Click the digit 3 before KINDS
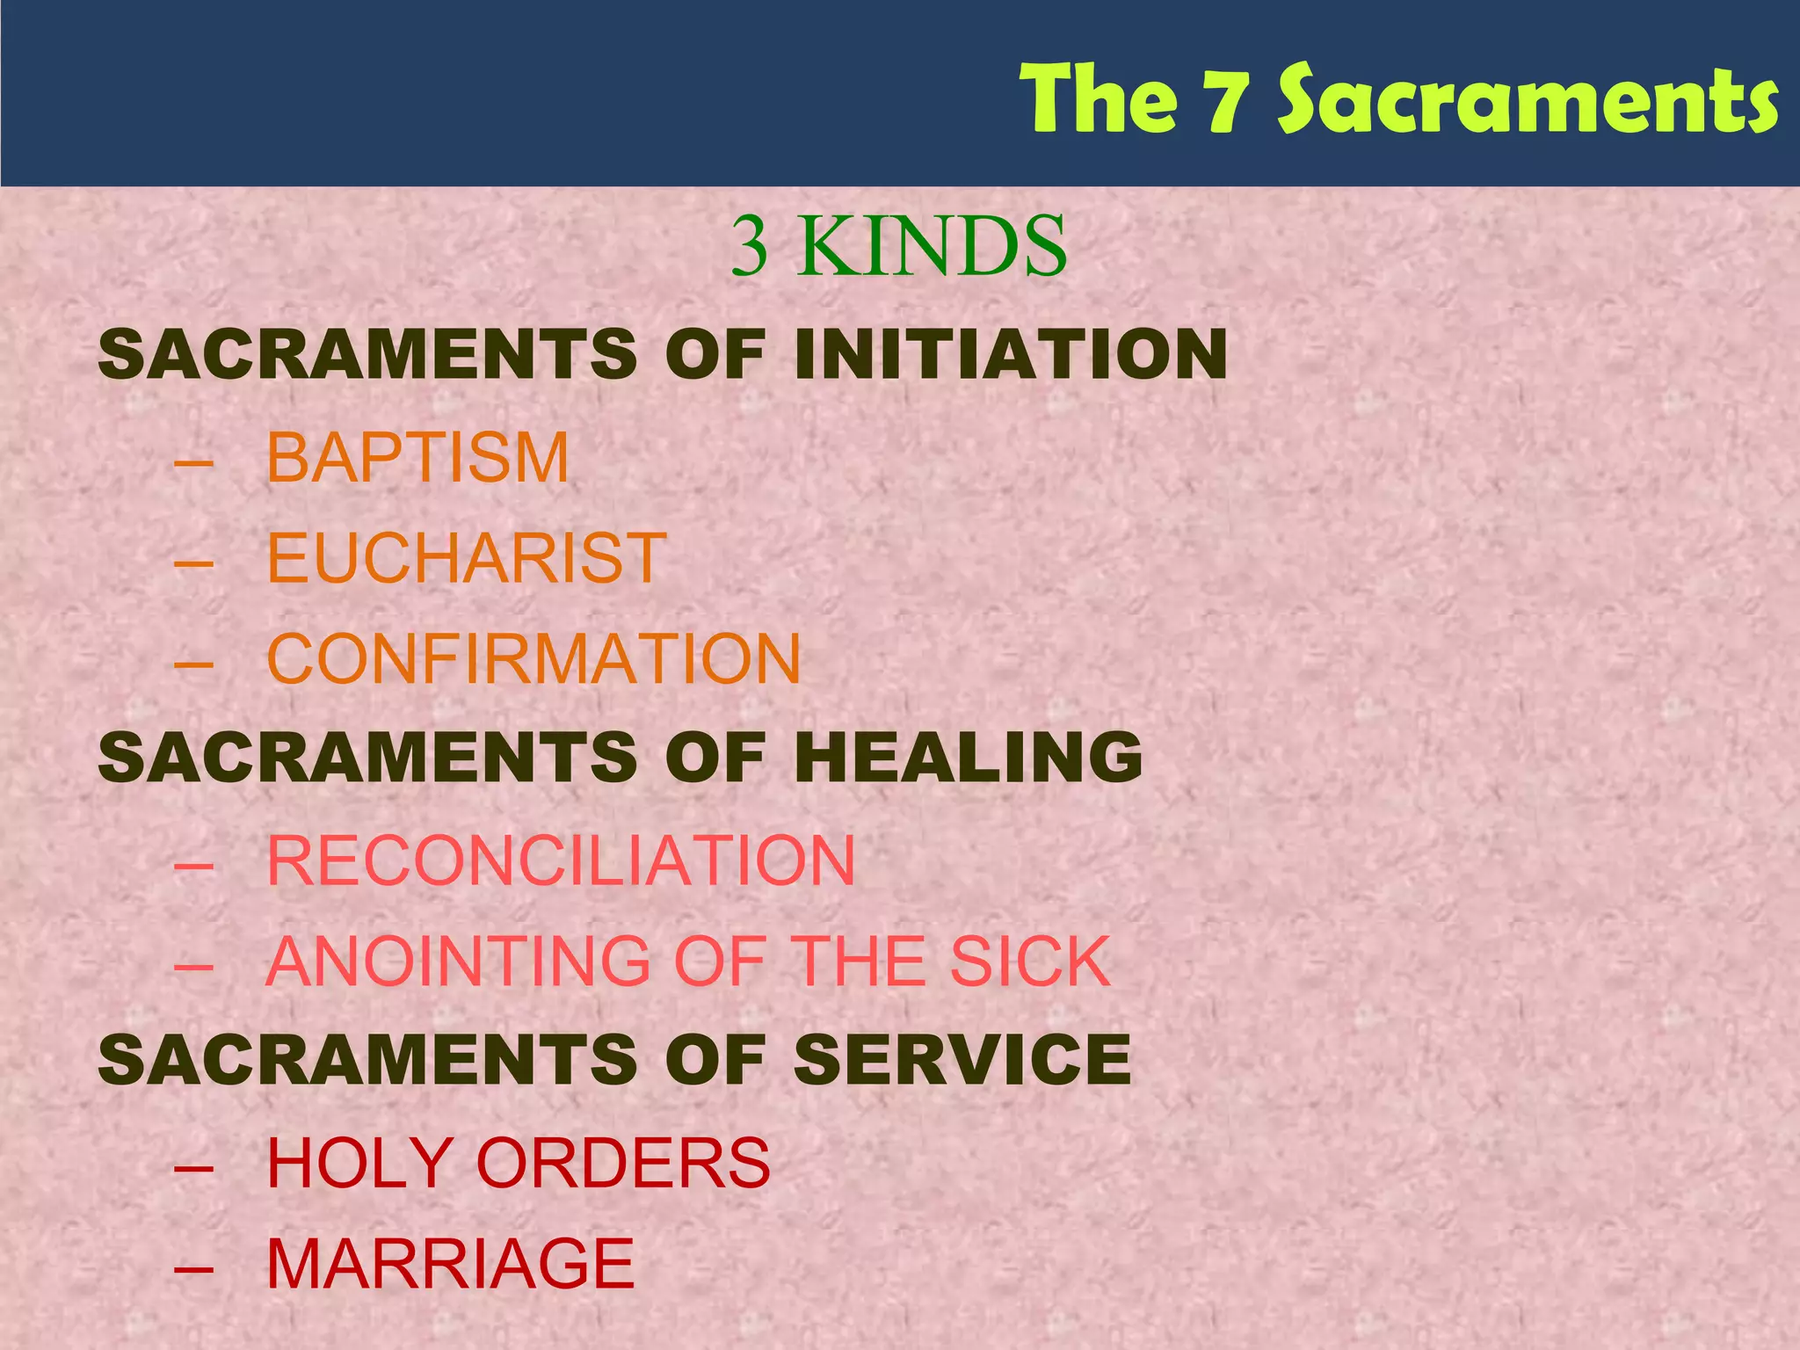[750, 247]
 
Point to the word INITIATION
[1011, 354]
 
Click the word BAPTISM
[417, 458]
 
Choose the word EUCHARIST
[466, 558]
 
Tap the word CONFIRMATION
[533, 659]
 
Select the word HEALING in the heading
[968, 758]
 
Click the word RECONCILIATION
[561, 860]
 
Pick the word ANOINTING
[457, 962]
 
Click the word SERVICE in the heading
[962, 1059]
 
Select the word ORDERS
[623, 1163]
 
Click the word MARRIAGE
[450, 1264]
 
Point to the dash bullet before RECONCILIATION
[194, 866]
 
